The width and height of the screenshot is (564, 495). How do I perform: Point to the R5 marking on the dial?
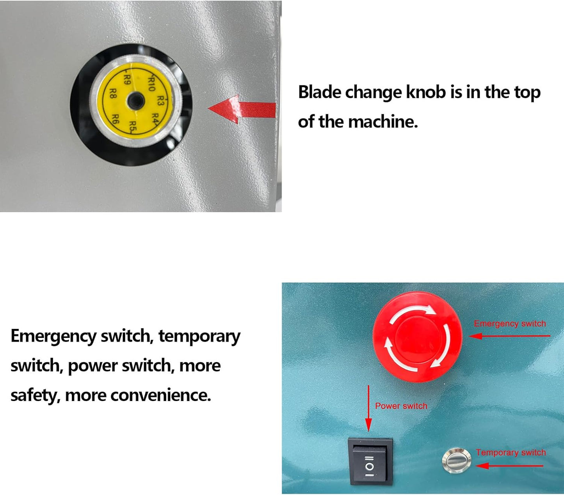[133, 126]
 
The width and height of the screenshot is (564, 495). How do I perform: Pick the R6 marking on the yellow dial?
[116, 118]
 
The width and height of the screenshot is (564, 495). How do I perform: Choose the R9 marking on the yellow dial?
[127, 80]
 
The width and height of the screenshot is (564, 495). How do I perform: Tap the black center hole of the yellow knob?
[135, 102]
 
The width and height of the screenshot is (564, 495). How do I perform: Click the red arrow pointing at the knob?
[242, 109]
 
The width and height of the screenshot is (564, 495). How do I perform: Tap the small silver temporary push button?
[456, 460]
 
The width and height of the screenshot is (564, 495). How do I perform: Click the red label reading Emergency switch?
[510, 324]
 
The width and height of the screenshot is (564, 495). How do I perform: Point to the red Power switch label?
[401, 406]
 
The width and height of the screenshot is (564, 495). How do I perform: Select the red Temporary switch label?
[511, 452]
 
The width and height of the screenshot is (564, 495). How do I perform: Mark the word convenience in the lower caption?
[160, 395]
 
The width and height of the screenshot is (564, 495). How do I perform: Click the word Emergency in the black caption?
[53, 336]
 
